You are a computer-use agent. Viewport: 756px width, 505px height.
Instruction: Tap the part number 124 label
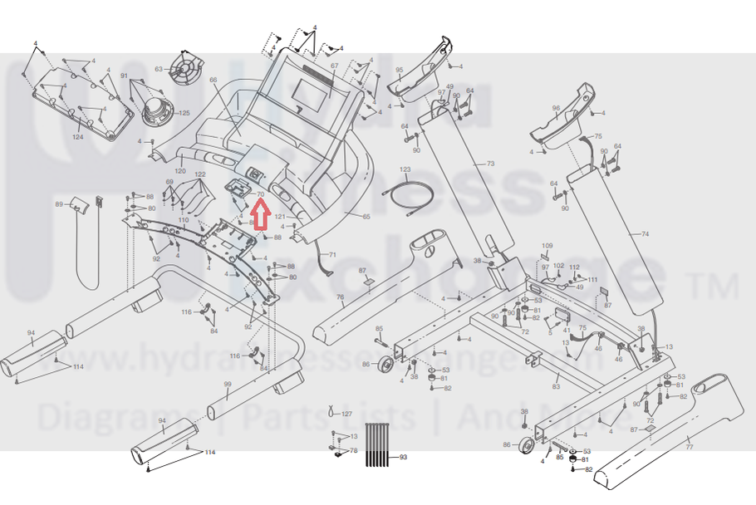pyautogui.click(x=78, y=136)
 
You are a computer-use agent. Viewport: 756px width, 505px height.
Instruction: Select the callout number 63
pyautogui.click(x=159, y=70)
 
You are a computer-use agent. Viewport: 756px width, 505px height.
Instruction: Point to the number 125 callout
pyautogui.click(x=184, y=113)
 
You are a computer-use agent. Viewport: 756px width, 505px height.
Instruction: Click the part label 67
pyautogui.click(x=335, y=66)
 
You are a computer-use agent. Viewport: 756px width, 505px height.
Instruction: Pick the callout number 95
pyautogui.click(x=399, y=70)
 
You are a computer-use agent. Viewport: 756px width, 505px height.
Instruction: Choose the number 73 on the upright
pyautogui.click(x=490, y=164)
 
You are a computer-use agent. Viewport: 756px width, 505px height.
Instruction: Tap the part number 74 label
pyautogui.click(x=645, y=235)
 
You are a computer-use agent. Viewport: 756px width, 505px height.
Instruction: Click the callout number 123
pyautogui.click(x=405, y=169)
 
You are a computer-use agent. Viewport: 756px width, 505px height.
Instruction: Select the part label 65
pyautogui.click(x=366, y=216)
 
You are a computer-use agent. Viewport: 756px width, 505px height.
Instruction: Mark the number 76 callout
pyautogui.click(x=340, y=297)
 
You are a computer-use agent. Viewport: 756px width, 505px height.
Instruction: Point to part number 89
pyautogui.click(x=59, y=204)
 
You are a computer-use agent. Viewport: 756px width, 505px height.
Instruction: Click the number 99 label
pyautogui.click(x=227, y=384)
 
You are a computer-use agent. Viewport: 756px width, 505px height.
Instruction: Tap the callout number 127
pyautogui.click(x=347, y=414)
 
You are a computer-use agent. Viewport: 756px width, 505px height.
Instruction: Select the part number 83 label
pyautogui.click(x=556, y=386)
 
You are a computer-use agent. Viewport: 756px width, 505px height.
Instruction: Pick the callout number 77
pyautogui.click(x=689, y=447)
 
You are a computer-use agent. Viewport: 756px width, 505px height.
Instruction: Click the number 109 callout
pyautogui.click(x=547, y=247)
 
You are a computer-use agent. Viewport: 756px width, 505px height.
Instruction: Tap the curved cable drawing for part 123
pyautogui.click(x=407, y=196)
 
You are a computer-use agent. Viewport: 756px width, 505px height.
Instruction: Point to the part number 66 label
pyautogui.click(x=213, y=81)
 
